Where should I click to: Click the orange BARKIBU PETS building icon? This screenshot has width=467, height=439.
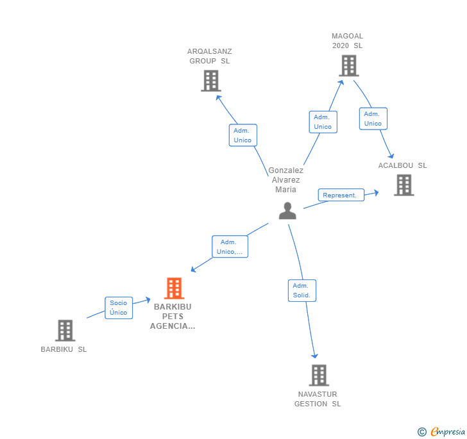point(174,288)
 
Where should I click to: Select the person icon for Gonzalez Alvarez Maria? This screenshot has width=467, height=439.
point(287,211)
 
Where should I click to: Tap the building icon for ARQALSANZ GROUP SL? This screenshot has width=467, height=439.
point(211,81)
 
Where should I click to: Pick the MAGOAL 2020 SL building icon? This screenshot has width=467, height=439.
point(349,65)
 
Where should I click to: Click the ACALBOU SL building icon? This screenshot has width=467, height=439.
point(404,185)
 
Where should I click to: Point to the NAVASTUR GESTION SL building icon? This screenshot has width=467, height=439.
point(319,375)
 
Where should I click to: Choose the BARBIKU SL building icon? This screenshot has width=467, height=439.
point(65,330)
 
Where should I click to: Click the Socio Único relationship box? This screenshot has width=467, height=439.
point(119,308)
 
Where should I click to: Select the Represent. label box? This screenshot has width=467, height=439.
point(341,195)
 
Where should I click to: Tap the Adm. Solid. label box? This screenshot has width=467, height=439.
point(302,290)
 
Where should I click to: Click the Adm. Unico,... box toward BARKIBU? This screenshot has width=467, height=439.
point(230,247)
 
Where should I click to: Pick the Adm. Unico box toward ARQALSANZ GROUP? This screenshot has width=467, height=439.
point(242,135)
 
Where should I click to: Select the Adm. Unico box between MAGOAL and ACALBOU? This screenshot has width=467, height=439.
point(373,119)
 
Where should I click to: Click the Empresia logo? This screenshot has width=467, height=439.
point(442,431)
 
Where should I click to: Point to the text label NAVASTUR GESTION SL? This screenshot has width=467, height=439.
point(318,399)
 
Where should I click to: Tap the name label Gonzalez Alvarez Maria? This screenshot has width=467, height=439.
point(285,180)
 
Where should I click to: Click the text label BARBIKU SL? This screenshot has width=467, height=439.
point(64,349)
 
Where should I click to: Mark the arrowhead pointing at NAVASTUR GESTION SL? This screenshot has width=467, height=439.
point(314,356)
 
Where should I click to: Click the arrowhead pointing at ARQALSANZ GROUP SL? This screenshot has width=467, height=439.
point(219,97)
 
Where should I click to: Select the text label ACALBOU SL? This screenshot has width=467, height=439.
point(402,165)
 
